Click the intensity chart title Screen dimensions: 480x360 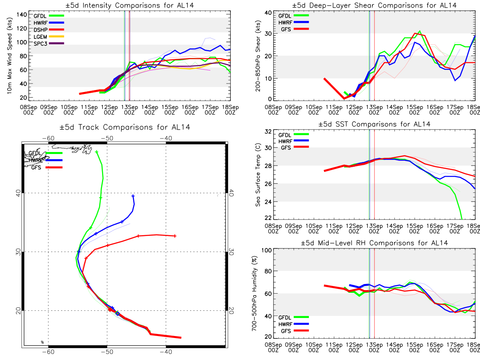[130, 5]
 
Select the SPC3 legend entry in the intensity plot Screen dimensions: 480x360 [48, 44]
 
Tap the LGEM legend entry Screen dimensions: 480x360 [48, 36]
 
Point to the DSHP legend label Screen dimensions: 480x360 [40, 30]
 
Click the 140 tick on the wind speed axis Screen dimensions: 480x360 [22, 15]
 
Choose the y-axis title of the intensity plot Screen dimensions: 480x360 [10, 56]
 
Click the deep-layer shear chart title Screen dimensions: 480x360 [374, 5]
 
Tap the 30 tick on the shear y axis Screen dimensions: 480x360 [268, 34]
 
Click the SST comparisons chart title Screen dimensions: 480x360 [374, 124]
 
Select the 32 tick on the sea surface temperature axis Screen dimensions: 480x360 [268, 131]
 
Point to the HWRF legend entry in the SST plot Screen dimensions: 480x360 [294, 141]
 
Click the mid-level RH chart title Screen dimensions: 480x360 [374, 243]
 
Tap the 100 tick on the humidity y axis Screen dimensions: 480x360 [267, 250]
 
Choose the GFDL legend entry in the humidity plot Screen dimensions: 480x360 [294, 317]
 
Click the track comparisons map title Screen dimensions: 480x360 [125, 127]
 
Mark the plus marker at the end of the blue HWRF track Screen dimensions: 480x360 [133, 196]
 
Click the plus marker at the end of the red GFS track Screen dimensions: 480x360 [175, 236]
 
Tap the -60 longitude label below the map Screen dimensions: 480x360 [48, 352]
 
